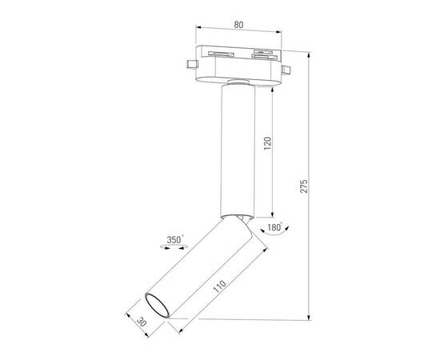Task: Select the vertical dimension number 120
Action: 268,143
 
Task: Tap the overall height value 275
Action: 304,186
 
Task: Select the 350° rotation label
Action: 174,238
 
